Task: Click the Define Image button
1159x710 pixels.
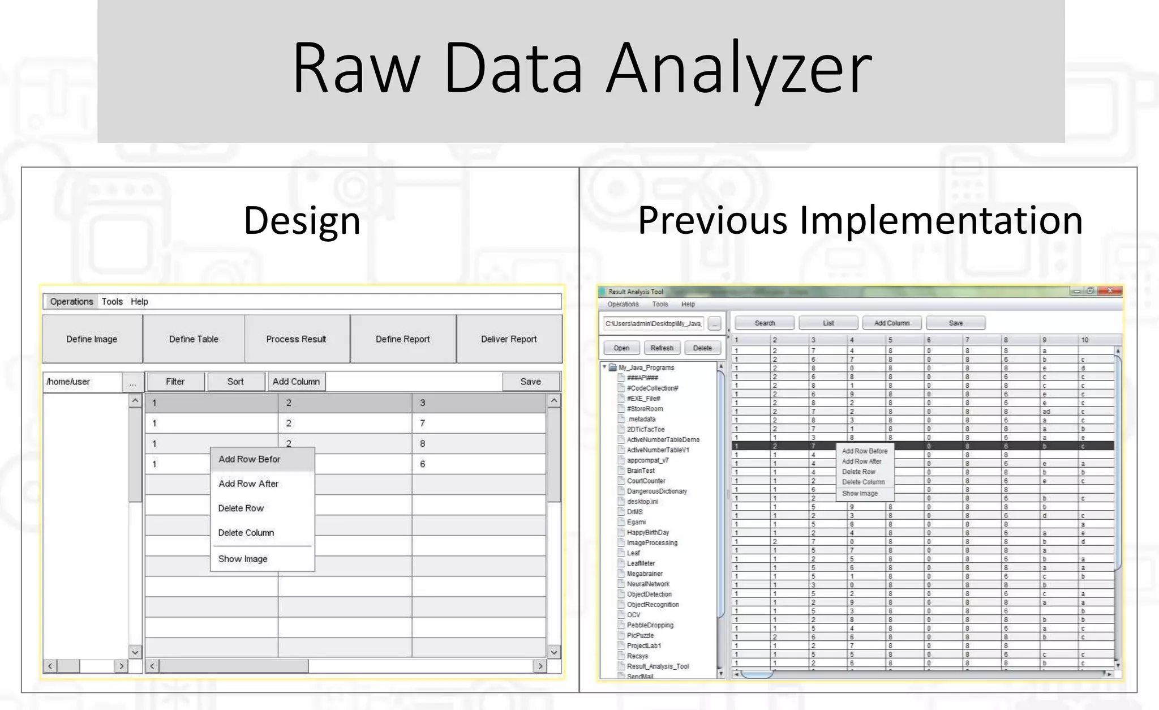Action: click(92, 339)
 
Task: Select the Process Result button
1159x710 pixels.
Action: click(296, 339)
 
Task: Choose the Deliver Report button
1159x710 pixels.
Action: click(509, 339)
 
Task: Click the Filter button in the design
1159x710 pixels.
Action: click(175, 382)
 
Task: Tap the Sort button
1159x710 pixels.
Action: click(235, 382)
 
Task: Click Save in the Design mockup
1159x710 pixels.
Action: click(530, 382)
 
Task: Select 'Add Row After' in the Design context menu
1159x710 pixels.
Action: click(248, 484)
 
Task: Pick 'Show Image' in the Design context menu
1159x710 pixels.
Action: click(243, 559)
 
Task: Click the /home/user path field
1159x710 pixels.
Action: click(83, 382)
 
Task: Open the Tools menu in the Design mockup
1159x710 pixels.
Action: click(112, 302)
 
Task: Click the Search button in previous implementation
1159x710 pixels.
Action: click(765, 323)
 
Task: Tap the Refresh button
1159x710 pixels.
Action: click(662, 348)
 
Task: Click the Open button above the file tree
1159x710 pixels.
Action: click(621, 348)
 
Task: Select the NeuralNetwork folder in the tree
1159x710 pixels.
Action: click(648, 584)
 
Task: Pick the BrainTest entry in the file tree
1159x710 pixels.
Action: click(641, 471)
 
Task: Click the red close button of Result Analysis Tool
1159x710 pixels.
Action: click(1110, 290)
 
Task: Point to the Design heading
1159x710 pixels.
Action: click(302, 220)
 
